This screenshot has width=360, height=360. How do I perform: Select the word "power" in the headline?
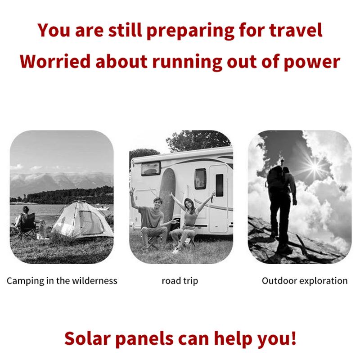(311, 61)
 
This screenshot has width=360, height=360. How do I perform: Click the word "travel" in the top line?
(296, 31)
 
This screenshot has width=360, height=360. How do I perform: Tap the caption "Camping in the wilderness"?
(62, 281)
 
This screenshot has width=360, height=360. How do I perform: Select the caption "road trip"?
(180, 281)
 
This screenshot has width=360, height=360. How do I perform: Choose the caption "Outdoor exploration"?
(305, 281)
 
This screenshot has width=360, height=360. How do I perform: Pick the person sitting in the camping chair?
(26, 220)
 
